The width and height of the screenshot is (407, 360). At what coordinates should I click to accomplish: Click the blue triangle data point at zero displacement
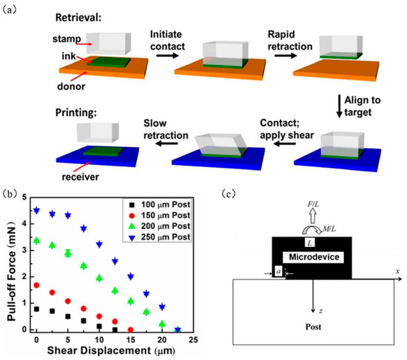pos(36,210)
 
